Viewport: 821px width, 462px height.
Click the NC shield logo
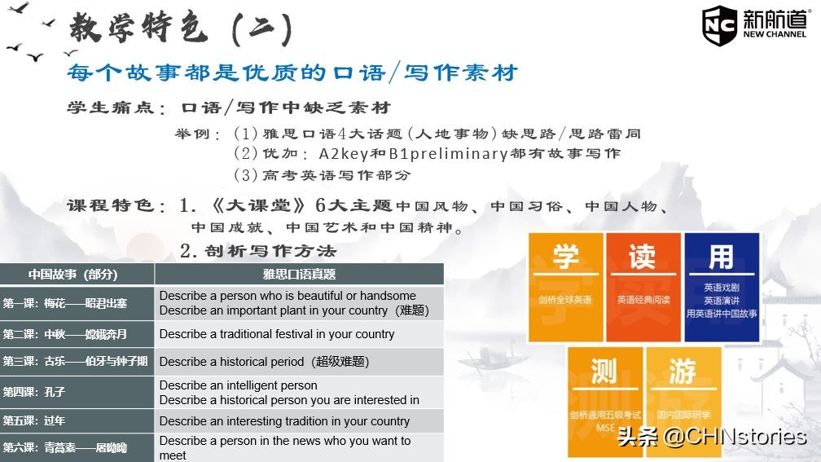(x=719, y=25)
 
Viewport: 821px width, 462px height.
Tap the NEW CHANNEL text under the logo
(x=775, y=35)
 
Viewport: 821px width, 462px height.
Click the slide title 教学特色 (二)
(x=180, y=29)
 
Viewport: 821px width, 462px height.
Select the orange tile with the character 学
(x=565, y=276)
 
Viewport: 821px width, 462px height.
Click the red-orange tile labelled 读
(x=643, y=276)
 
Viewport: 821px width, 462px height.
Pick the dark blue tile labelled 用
(x=721, y=276)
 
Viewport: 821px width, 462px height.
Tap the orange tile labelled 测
(x=604, y=391)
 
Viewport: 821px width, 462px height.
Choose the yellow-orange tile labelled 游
(x=683, y=391)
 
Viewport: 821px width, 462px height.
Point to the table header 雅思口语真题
(x=299, y=274)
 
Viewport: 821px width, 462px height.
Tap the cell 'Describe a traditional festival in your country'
(x=277, y=334)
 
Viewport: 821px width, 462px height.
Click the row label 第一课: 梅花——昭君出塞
(x=65, y=303)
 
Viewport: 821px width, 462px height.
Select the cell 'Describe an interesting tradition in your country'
(x=284, y=421)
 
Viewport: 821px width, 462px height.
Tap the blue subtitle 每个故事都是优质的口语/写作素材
(x=292, y=73)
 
